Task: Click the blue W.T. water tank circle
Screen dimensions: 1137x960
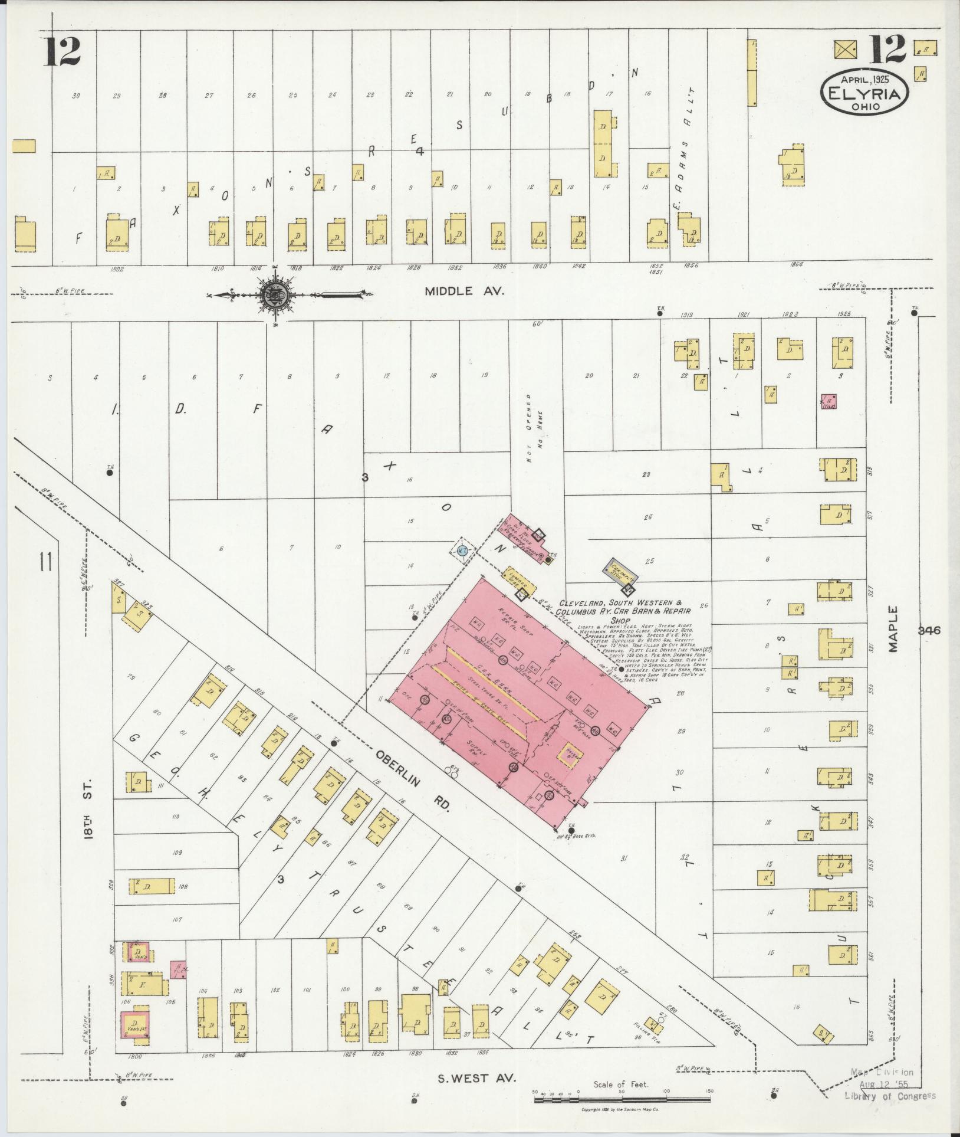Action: coord(463,550)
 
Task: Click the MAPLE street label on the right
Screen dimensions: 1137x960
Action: coord(895,630)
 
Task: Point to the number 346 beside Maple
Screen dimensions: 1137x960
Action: coord(929,630)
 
